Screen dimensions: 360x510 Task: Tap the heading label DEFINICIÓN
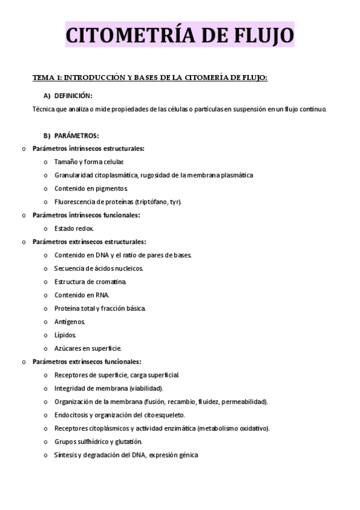tap(73, 96)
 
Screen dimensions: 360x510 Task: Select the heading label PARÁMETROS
tap(76, 135)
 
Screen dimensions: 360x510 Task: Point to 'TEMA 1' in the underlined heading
tap(46, 78)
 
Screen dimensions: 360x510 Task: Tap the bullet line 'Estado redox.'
tap(73, 229)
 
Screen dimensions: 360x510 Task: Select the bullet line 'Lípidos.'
tap(65, 334)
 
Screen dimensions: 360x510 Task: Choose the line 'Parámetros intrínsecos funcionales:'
tap(87, 215)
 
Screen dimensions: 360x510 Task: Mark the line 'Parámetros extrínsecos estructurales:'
tap(90, 242)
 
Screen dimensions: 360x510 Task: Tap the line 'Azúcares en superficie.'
tap(88, 348)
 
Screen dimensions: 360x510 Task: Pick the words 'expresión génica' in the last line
tap(172, 455)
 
